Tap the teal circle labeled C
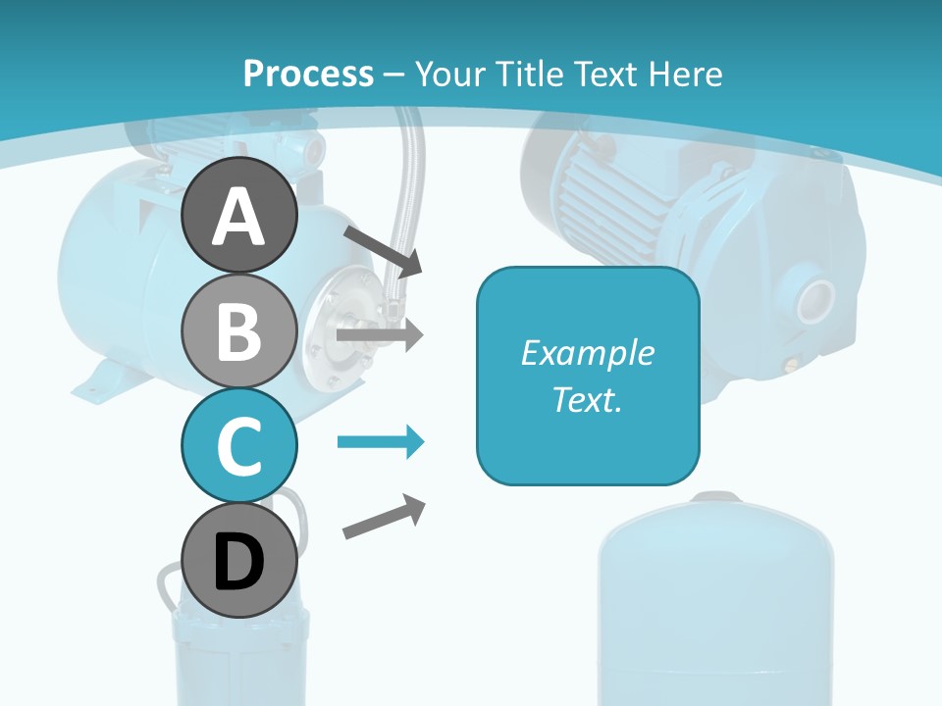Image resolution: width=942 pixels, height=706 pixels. click(x=238, y=446)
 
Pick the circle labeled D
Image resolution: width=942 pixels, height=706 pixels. click(x=238, y=561)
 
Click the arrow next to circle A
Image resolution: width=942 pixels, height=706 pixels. click(x=383, y=249)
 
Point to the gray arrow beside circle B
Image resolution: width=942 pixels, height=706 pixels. click(x=380, y=334)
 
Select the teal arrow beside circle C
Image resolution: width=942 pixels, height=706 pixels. click(x=381, y=442)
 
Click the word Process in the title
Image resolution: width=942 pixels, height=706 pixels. click(x=308, y=74)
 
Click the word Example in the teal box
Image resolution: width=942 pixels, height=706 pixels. click(x=587, y=353)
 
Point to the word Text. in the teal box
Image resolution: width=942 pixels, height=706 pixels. click(x=587, y=399)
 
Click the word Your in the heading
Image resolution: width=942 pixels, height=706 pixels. click(x=446, y=74)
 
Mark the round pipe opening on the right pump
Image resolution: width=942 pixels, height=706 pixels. click(x=811, y=301)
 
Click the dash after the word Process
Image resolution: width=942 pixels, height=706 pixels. click(x=394, y=75)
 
